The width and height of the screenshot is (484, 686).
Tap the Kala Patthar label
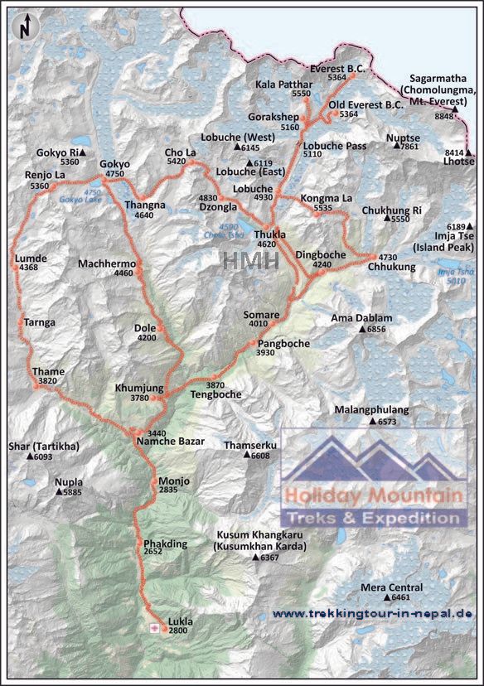tap(283, 85)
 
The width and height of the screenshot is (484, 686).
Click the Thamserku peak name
tap(250, 446)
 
